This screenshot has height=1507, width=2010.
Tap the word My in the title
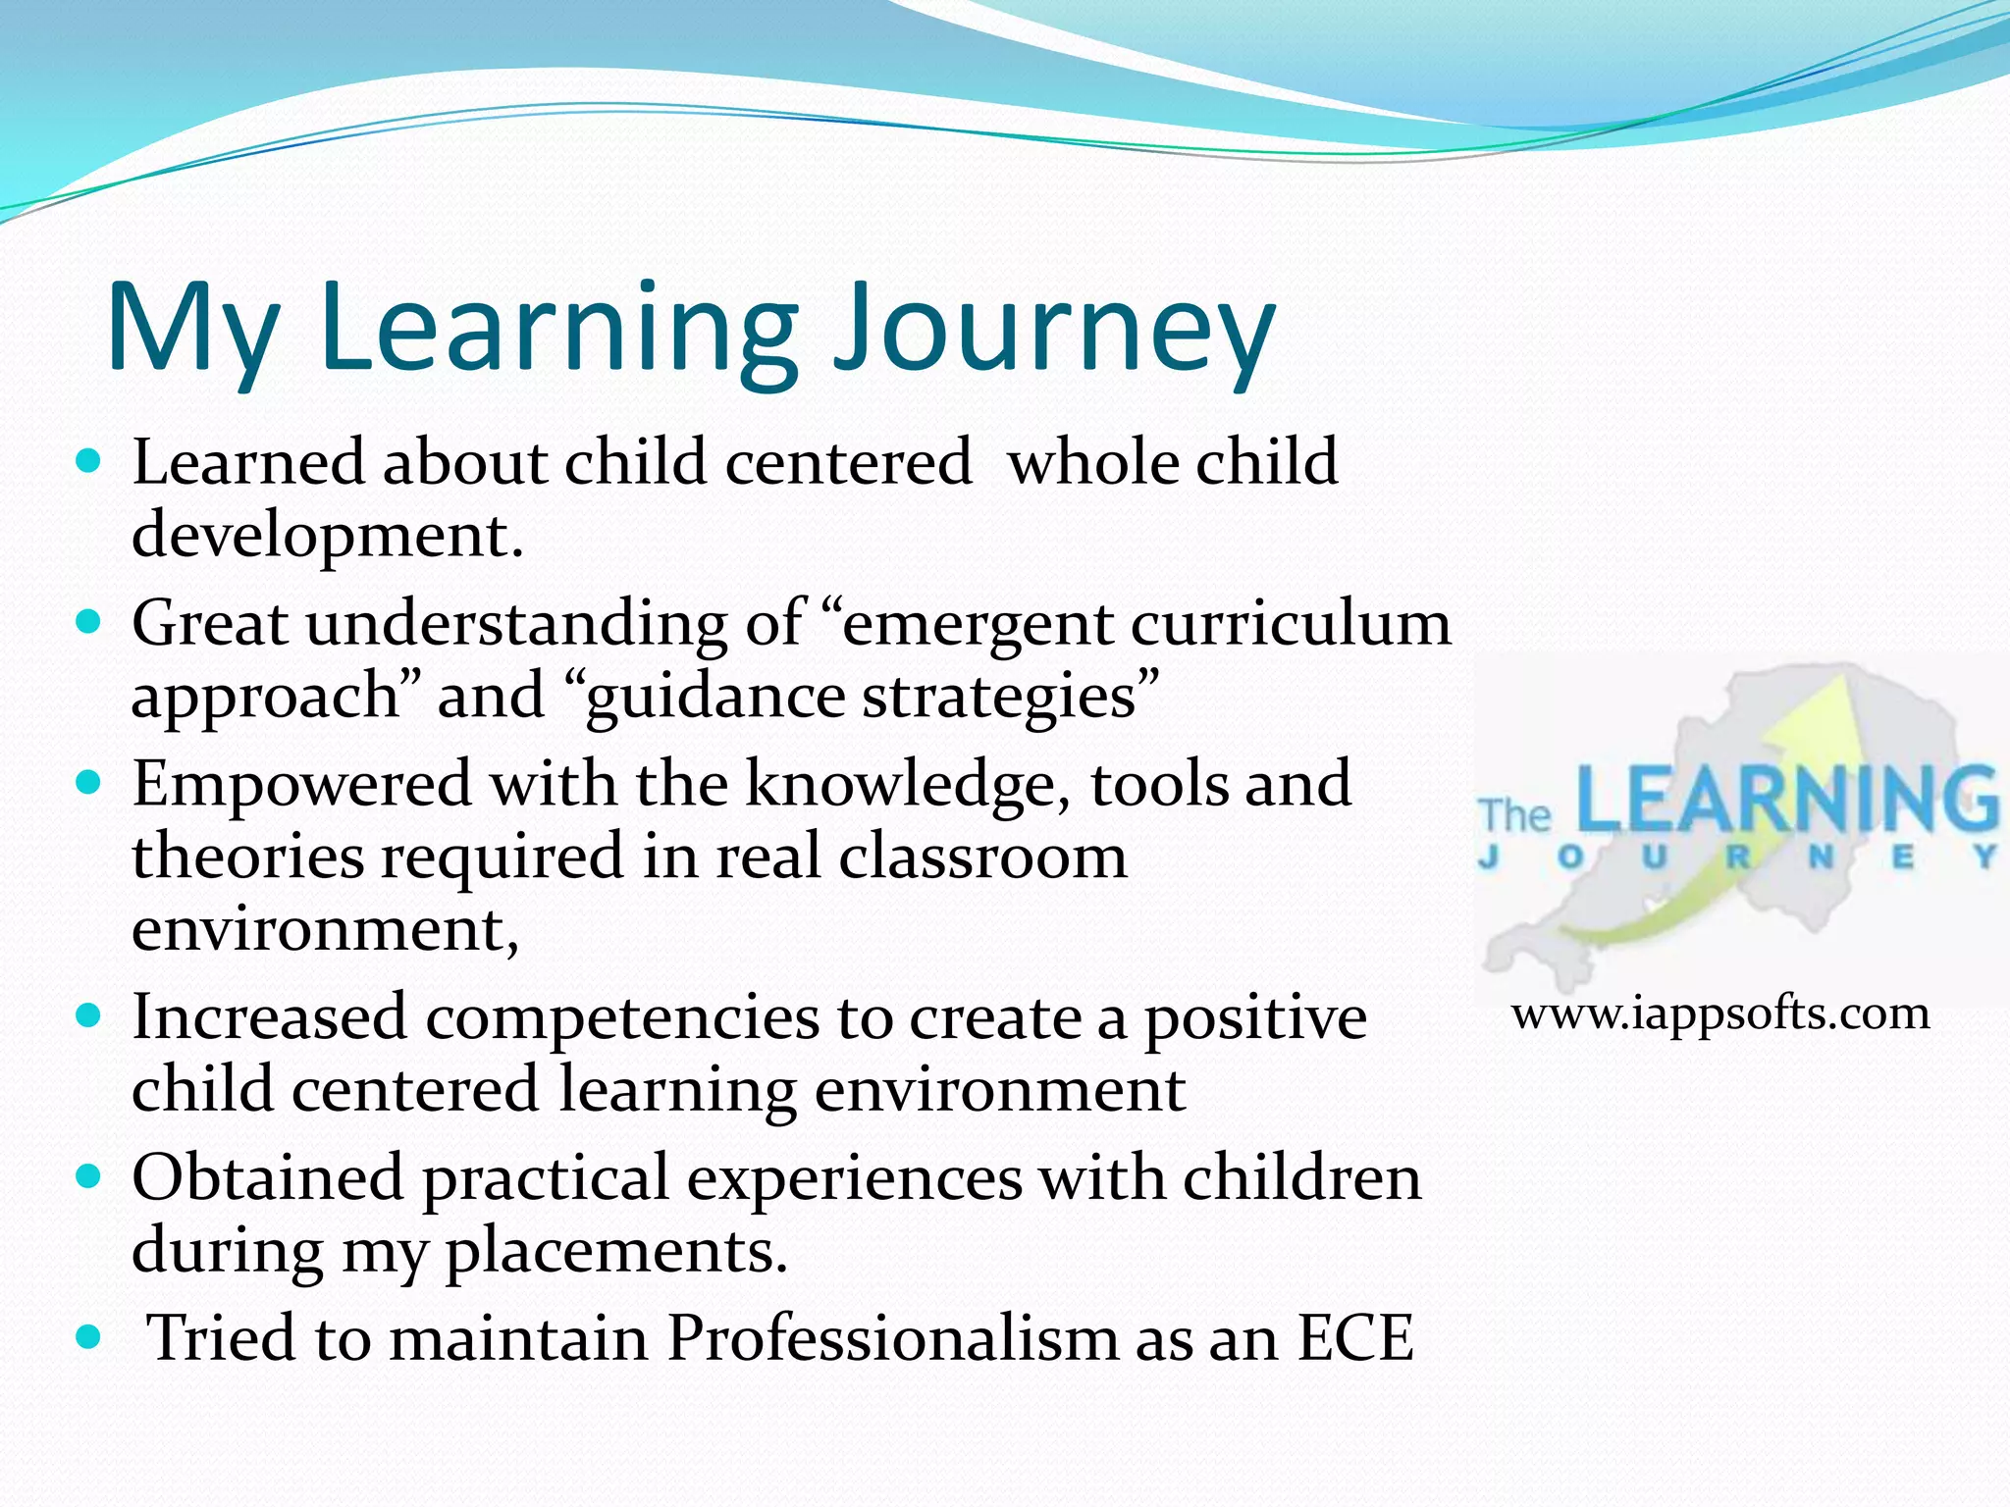coord(192,328)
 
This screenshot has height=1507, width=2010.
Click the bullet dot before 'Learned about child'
coord(88,461)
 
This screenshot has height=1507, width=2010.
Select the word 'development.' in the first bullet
coord(328,536)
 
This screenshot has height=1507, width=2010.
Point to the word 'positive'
coord(1255,1016)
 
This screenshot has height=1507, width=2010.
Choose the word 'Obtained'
coord(268,1177)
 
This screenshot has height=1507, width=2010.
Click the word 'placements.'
coord(616,1251)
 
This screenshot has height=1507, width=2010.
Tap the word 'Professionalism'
coord(892,1337)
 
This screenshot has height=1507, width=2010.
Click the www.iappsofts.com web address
coord(1720,1013)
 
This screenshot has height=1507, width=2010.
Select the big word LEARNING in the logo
coord(1786,799)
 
